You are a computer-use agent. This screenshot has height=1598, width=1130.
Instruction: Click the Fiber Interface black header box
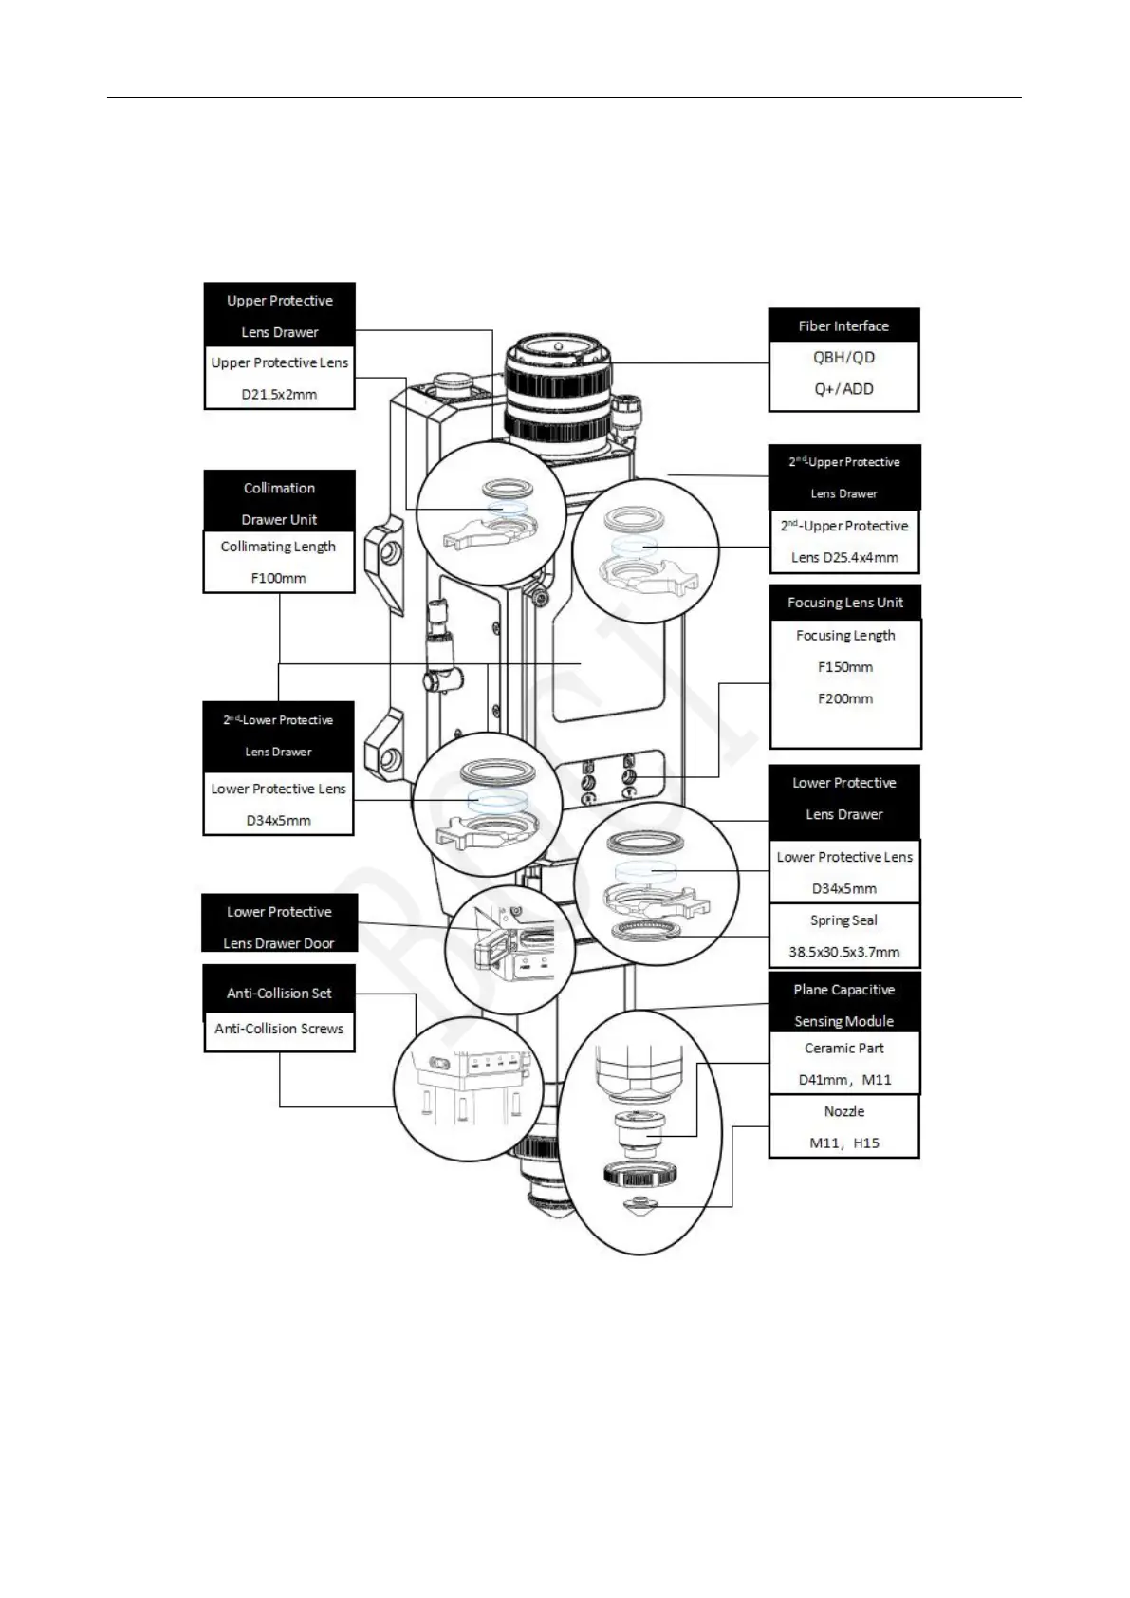tap(843, 325)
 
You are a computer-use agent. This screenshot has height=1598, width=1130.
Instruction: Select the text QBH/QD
tap(843, 358)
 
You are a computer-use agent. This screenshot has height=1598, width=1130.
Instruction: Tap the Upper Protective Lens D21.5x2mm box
tap(279, 378)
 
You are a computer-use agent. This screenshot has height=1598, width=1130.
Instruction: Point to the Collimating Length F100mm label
tap(278, 562)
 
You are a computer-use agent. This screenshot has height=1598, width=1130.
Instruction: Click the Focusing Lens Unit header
tap(844, 603)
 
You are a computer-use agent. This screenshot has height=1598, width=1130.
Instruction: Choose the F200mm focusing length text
tap(844, 699)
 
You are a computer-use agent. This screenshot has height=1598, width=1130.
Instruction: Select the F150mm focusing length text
tap(844, 667)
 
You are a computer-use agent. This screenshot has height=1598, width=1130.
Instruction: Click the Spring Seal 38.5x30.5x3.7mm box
tap(843, 936)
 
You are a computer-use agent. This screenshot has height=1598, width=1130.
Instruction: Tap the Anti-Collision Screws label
tap(279, 1030)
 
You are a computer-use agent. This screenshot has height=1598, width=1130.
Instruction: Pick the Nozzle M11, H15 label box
tap(843, 1126)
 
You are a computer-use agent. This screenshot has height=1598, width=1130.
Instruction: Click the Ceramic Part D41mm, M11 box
tap(843, 1064)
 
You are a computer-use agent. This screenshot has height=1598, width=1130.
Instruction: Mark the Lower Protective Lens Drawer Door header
tap(279, 926)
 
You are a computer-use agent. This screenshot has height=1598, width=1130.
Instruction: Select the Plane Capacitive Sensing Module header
tap(843, 1004)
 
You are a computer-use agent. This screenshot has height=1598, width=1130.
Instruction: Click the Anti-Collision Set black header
tap(279, 993)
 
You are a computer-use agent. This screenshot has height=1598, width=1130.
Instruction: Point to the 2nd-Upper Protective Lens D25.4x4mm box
tap(843, 542)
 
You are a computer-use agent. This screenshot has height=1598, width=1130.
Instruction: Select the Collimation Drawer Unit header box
tap(279, 503)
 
